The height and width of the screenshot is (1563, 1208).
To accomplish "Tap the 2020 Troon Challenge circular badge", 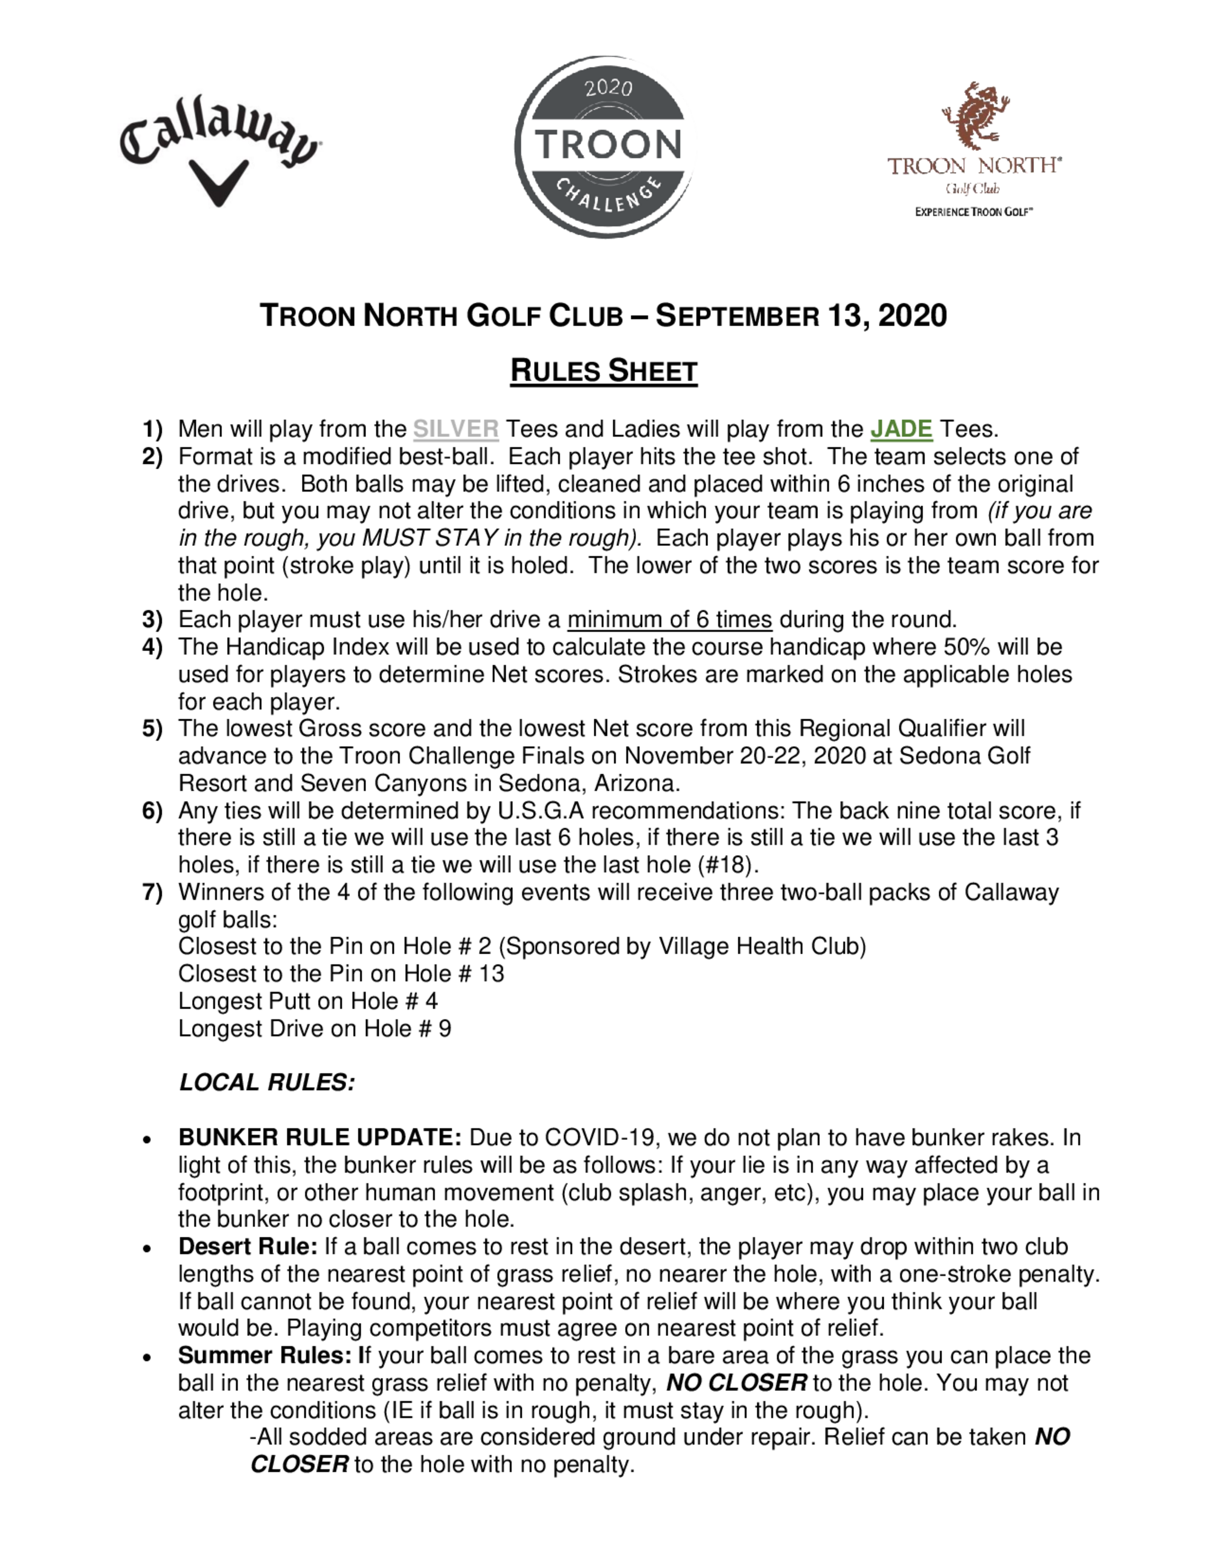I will pyautogui.click(x=605, y=147).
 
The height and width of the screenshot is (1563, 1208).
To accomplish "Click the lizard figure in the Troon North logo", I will pyautogui.click(x=975, y=115).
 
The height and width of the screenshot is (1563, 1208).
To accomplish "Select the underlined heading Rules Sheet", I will pyautogui.click(x=603, y=371).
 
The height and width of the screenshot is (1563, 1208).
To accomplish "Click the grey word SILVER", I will pyautogui.click(x=456, y=429).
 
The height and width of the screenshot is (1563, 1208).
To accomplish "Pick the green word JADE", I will pyautogui.click(x=901, y=429).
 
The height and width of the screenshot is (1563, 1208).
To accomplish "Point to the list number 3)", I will pyautogui.click(x=152, y=619).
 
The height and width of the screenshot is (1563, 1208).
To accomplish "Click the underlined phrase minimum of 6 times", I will pyautogui.click(x=669, y=619).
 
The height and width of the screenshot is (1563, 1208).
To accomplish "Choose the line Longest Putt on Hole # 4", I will pyautogui.click(x=307, y=1001).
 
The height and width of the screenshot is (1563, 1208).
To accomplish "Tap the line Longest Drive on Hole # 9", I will pyautogui.click(x=314, y=1029).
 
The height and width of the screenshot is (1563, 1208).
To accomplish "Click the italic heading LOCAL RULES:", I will pyautogui.click(x=267, y=1083).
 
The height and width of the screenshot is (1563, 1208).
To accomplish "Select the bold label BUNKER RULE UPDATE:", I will pyautogui.click(x=320, y=1138).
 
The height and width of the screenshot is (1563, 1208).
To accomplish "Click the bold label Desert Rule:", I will pyautogui.click(x=248, y=1247).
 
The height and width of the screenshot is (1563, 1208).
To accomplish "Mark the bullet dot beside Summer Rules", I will pyautogui.click(x=147, y=1357).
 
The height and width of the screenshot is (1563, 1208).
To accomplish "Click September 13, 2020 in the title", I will pyautogui.click(x=802, y=316).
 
